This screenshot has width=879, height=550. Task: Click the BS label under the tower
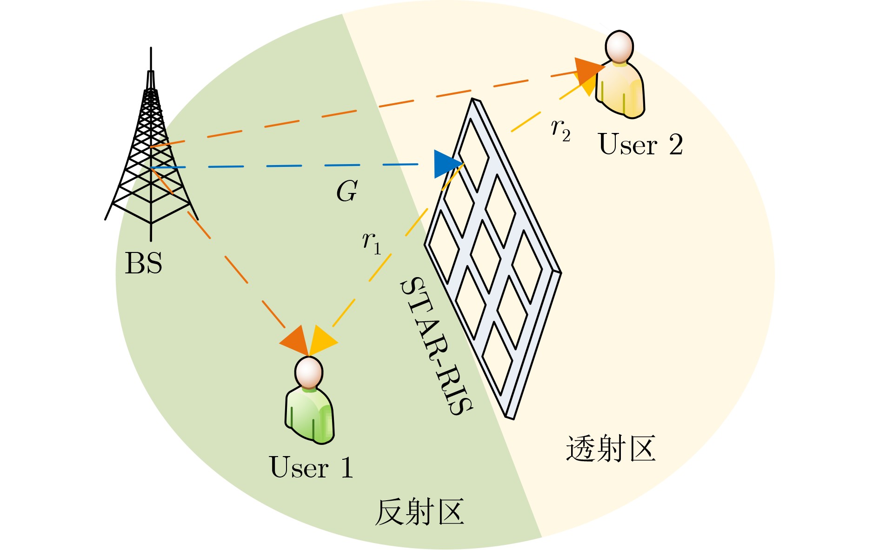(144, 263)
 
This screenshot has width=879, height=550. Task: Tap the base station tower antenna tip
(151, 50)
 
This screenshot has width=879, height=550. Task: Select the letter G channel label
(347, 191)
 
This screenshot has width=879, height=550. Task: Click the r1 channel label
(372, 243)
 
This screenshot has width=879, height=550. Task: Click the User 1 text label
(311, 467)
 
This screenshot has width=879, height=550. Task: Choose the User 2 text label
(640, 145)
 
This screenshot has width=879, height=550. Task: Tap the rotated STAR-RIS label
(436, 346)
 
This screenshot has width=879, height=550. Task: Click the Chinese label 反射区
(420, 512)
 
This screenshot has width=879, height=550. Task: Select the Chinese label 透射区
(611, 449)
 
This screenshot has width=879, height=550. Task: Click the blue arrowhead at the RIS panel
(446, 164)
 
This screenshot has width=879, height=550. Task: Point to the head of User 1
(308, 372)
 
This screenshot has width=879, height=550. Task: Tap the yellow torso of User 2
(621, 91)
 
